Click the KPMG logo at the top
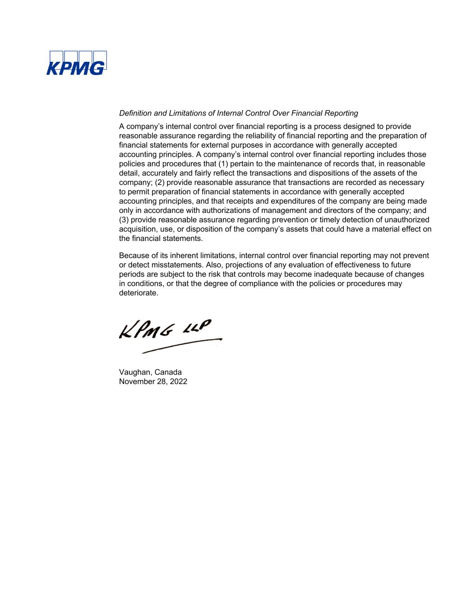pyautogui.click(x=76, y=63)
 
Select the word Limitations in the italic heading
pyautogui.click(x=186, y=113)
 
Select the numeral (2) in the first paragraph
pyautogui.click(x=161, y=182)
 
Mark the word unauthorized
pyautogui.click(x=405, y=220)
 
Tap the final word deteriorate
pyautogui.click(x=139, y=293)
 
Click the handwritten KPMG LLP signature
pyautogui.click(x=165, y=329)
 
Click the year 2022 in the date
pyautogui.click(x=178, y=382)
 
